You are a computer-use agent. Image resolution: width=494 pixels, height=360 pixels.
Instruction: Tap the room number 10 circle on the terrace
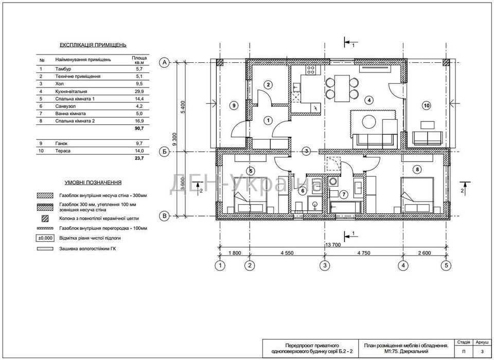pyautogui.click(x=427, y=106)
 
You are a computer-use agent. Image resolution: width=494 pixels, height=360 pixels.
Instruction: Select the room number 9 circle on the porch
pyautogui.click(x=234, y=106)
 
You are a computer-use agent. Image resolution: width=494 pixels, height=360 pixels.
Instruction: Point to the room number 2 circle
pyautogui.click(x=268, y=85)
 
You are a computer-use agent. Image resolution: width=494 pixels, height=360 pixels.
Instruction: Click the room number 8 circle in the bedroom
pyautogui.click(x=417, y=170)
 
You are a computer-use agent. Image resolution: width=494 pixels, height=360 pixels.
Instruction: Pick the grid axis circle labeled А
pyautogui.click(x=164, y=63)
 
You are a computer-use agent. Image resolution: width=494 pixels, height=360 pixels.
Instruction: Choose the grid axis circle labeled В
pyautogui.click(x=164, y=216)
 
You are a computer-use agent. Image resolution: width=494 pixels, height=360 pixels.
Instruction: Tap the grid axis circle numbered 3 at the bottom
pyautogui.click(x=325, y=265)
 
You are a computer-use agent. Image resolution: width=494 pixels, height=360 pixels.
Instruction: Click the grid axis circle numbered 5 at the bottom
pyautogui.click(x=446, y=265)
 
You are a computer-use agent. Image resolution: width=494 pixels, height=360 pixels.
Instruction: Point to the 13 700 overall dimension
pyautogui.click(x=333, y=244)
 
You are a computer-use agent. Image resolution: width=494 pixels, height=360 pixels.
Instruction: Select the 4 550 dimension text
pyautogui.click(x=287, y=253)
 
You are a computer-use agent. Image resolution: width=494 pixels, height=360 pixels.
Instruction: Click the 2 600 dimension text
pyautogui.click(x=425, y=253)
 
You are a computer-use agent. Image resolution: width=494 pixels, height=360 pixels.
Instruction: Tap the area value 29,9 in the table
pyautogui.click(x=139, y=92)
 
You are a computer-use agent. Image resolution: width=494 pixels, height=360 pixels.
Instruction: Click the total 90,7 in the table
pyautogui.click(x=139, y=128)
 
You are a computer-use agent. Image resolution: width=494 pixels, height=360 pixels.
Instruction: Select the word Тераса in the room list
pyautogui.click(x=63, y=151)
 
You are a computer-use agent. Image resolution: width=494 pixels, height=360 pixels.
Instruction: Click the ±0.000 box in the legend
pyautogui.click(x=45, y=238)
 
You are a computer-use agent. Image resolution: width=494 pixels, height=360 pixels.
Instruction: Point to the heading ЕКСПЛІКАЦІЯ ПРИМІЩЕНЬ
pyautogui.click(x=93, y=45)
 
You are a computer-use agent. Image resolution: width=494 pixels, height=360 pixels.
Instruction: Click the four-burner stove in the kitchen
pyautogui.click(x=311, y=70)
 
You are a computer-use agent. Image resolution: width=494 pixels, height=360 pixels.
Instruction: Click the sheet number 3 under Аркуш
pyautogui.click(x=482, y=351)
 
